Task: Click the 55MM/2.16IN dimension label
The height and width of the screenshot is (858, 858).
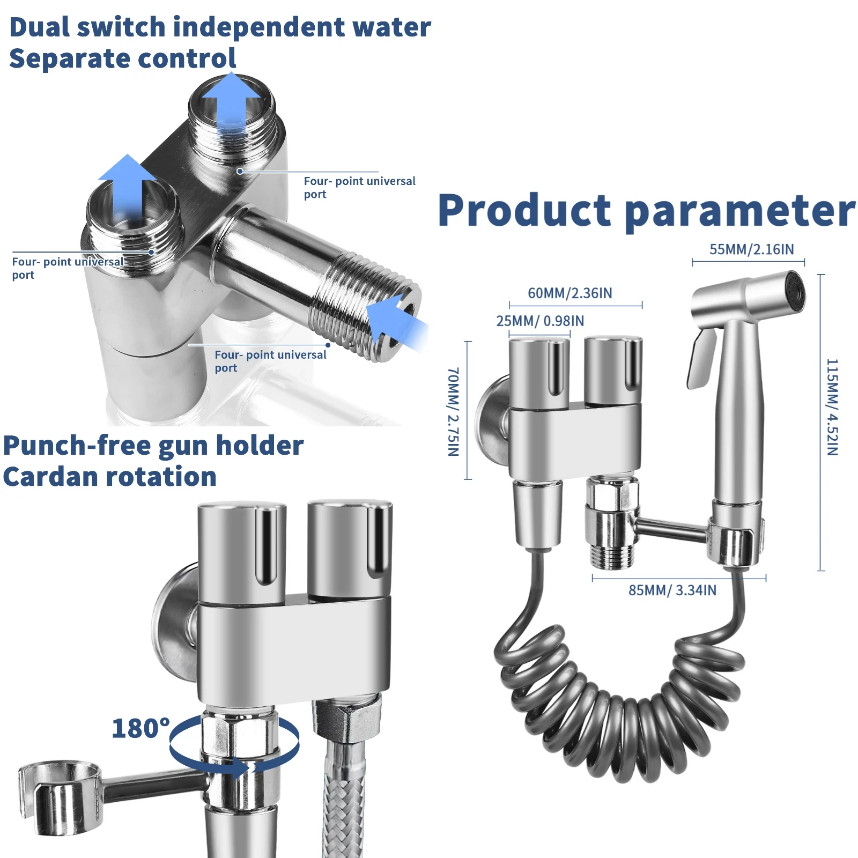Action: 751,249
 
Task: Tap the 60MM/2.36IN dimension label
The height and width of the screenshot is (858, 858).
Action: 569,293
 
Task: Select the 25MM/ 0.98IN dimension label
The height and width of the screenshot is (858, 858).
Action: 539,321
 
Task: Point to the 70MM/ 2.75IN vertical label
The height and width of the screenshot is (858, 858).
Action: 453,411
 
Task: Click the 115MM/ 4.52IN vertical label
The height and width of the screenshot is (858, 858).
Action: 832,407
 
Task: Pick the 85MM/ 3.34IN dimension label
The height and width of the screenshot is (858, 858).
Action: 672,590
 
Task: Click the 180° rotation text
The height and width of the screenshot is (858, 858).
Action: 140,728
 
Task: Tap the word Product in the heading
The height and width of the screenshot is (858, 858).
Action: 524,210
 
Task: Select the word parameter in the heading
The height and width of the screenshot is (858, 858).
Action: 740,212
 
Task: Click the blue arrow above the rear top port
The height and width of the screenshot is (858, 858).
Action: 232,99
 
